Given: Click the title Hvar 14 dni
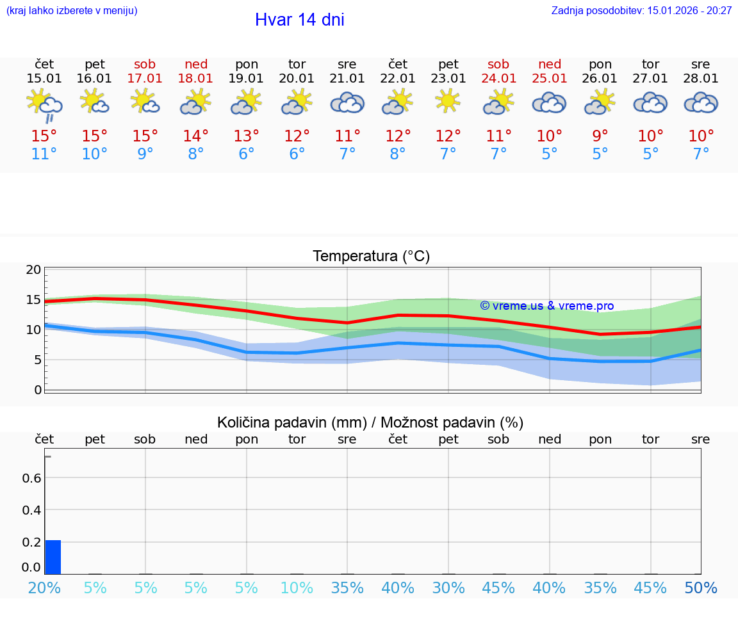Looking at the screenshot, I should tap(299, 20).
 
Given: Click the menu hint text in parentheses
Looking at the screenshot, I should tap(72, 10).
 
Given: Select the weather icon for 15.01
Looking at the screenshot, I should tap(44, 104).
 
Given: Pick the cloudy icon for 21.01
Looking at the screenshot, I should tap(347, 102).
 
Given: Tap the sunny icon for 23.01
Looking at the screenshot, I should tap(448, 100).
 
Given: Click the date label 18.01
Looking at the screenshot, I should tap(196, 79).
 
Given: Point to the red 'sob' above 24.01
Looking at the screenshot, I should tap(498, 64).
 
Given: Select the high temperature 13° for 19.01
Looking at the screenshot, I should tap(247, 136).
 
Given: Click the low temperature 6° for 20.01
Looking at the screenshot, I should tap(297, 154).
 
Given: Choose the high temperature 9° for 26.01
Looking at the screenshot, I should tap(600, 136).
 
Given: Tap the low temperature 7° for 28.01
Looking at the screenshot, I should tap(701, 154).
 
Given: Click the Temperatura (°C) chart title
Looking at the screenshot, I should tap(371, 257).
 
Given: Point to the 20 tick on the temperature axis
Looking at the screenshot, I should tap(33, 269).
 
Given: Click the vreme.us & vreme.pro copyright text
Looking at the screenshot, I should tap(546, 306).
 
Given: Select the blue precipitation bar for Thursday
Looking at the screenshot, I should tap(53, 557).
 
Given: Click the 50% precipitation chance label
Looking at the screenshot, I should tap(701, 588).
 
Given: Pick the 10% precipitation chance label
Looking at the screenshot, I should tap(297, 588).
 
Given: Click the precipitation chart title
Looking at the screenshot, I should tap(370, 422).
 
